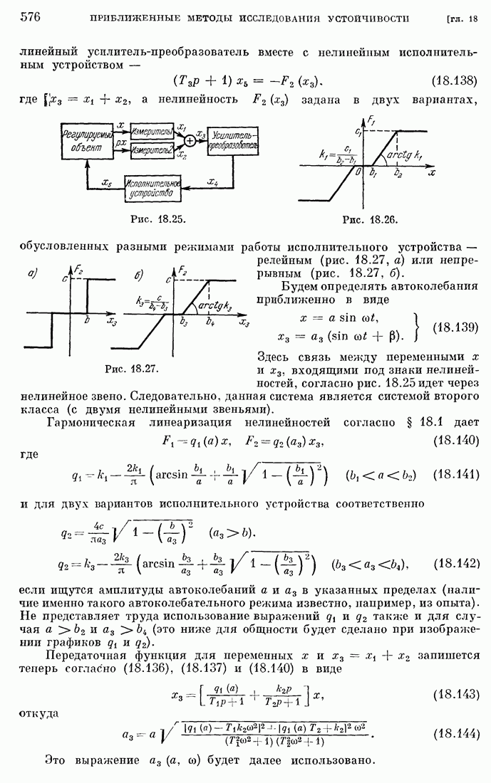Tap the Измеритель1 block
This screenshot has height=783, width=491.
(153, 130)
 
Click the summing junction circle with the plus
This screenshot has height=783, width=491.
(190, 140)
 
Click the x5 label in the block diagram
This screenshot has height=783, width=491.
(107, 182)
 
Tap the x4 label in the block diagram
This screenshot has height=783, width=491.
(212, 182)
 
